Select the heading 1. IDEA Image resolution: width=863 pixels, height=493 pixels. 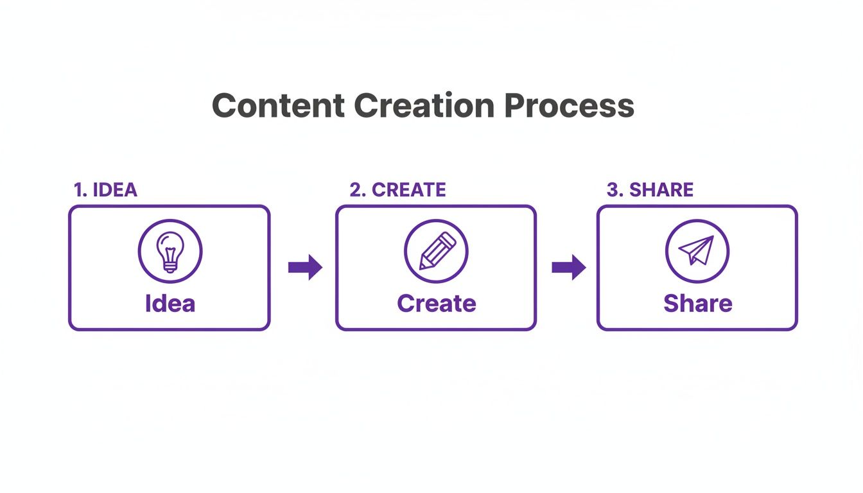pyautogui.click(x=105, y=190)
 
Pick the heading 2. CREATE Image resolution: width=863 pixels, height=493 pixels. pyautogui.click(x=397, y=190)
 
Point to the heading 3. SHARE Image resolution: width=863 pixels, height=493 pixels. pyautogui.click(x=650, y=190)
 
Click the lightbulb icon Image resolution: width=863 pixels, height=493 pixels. pyautogui.click(x=170, y=251)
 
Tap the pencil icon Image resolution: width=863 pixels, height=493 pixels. pyautogui.click(x=437, y=251)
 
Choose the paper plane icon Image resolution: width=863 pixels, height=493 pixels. pyautogui.click(x=697, y=251)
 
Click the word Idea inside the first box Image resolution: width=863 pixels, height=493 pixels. pyautogui.click(x=170, y=303)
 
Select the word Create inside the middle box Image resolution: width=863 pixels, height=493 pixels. pyautogui.click(x=437, y=303)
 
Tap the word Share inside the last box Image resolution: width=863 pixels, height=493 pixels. pyautogui.click(x=697, y=303)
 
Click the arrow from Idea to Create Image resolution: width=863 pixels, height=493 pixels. pyautogui.click(x=305, y=267)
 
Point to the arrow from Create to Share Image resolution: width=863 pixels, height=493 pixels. pyautogui.click(x=569, y=267)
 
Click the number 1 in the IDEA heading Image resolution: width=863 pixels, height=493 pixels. pyautogui.click(x=78, y=190)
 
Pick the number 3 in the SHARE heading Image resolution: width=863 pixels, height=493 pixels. pyautogui.click(x=612, y=190)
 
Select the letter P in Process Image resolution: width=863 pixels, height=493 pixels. pyautogui.click(x=514, y=106)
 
